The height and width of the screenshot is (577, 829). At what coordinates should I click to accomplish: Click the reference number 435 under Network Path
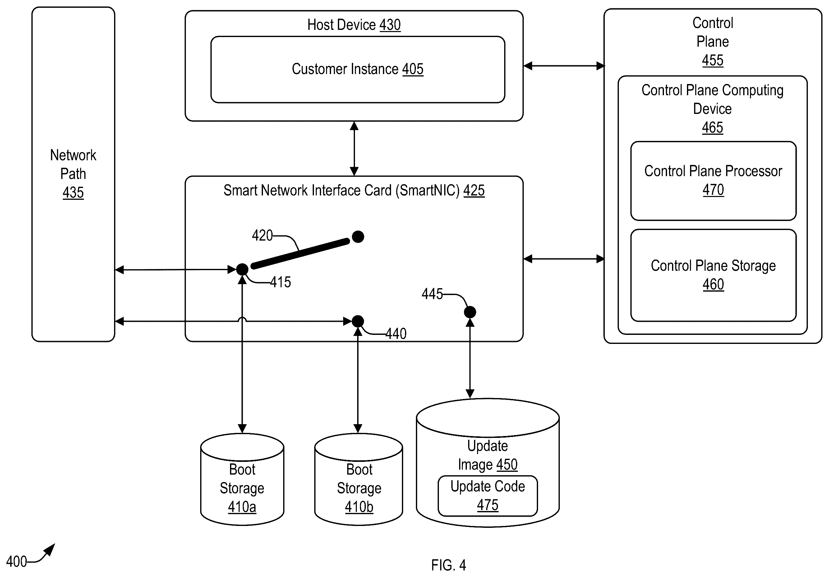click(73, 192)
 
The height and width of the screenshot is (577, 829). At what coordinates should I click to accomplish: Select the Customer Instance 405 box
click(358, 69)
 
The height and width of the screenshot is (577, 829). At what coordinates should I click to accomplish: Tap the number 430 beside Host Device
click(390, 25)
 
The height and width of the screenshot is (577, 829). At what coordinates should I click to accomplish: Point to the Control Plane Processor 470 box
click(713, 181)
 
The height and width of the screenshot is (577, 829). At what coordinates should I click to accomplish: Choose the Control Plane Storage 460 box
click(713, 275)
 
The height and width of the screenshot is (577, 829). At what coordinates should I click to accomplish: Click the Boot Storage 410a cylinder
click(242, 479)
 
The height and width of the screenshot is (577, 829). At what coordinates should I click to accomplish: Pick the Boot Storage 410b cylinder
click(358, 479)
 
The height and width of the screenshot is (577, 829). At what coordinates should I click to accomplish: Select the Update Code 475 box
click(488, 496)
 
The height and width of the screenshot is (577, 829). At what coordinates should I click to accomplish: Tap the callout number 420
click(262, 235)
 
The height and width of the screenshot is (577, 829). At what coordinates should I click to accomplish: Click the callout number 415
click(281, 282)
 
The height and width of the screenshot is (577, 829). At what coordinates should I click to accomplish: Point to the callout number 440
click(396, 333)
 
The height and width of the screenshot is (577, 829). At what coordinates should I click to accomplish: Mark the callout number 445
click(432, 294)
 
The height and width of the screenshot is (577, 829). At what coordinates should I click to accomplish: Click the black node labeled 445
click(470, 312)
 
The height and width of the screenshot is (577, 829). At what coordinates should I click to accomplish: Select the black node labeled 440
click(358, 321)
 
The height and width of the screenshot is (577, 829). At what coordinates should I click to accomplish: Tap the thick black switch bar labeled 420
click(300, 253)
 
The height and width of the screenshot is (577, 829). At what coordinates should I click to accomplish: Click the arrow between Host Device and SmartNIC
click(354, 148)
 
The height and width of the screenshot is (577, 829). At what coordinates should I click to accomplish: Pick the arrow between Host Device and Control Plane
click(564, 66)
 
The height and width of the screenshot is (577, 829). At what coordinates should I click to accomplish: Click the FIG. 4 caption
click(449, 565)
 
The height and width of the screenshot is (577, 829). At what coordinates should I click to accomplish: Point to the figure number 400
click(16, 561)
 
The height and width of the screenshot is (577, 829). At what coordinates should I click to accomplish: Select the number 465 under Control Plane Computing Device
click(713, 127)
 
